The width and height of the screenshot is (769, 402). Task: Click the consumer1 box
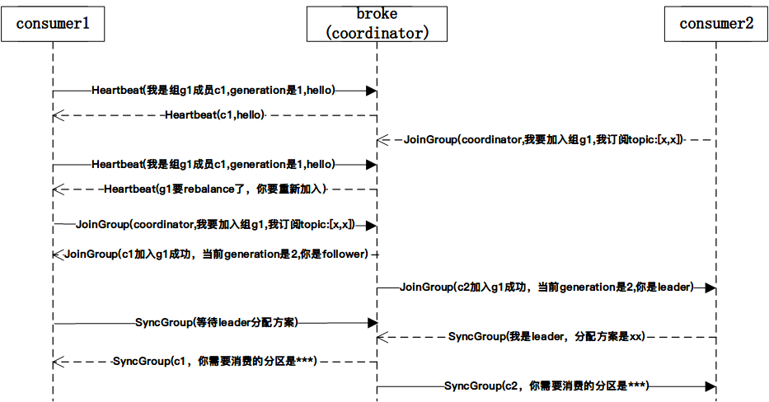pos(53,24)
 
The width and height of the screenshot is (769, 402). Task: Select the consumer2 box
pos(716,24)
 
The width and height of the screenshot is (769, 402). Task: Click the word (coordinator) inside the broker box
pos(377,33)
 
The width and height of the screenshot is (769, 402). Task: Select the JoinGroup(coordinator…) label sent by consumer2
pos(543,141)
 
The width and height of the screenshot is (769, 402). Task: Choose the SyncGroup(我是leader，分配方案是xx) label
pos(546,337)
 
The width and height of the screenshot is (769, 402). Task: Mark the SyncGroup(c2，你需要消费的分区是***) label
pos(546,386)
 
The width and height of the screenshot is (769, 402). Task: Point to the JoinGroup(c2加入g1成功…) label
pos(546,287)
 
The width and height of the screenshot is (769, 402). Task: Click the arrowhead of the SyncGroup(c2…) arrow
pos(710,386)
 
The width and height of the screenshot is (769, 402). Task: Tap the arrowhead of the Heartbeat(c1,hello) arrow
pos(58,115)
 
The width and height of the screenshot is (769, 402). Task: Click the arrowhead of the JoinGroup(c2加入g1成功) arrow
pos(710,287)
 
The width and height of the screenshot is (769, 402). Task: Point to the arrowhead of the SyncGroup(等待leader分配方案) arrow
pos(372,322)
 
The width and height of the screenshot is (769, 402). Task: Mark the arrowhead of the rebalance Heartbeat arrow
pos(58,189)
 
